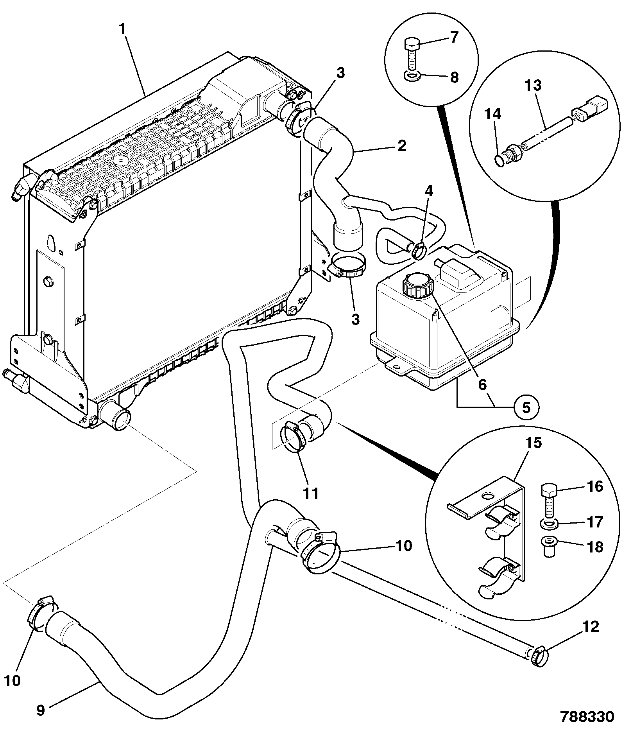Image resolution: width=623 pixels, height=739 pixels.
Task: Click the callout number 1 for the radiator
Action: (123, 30)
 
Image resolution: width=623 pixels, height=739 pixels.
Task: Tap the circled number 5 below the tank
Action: (526, 408)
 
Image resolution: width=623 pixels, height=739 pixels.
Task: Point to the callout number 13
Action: (533, 86)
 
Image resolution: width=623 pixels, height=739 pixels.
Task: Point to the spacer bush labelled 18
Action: (550, 547)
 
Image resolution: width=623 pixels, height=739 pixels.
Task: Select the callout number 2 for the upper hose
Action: (402, 145)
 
